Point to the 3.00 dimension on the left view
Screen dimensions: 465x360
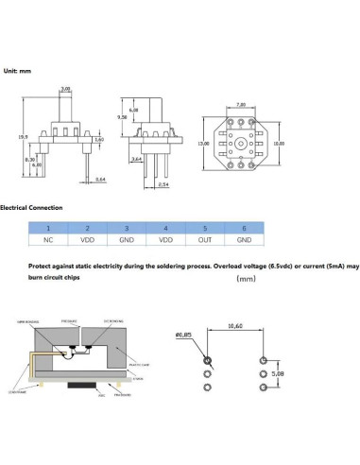point(65,89)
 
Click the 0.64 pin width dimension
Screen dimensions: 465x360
point(101,177)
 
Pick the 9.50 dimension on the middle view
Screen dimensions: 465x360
point(123,116)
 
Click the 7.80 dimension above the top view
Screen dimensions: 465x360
point(241,105)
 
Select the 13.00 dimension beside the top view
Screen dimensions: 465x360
point(202,143)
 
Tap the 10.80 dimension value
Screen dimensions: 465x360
point(279,143)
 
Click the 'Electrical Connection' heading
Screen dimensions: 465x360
point(31,207)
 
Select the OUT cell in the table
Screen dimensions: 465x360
point(203,241)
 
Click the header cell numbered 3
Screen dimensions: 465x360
point(126,228)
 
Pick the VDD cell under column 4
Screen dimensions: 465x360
point(164,241)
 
